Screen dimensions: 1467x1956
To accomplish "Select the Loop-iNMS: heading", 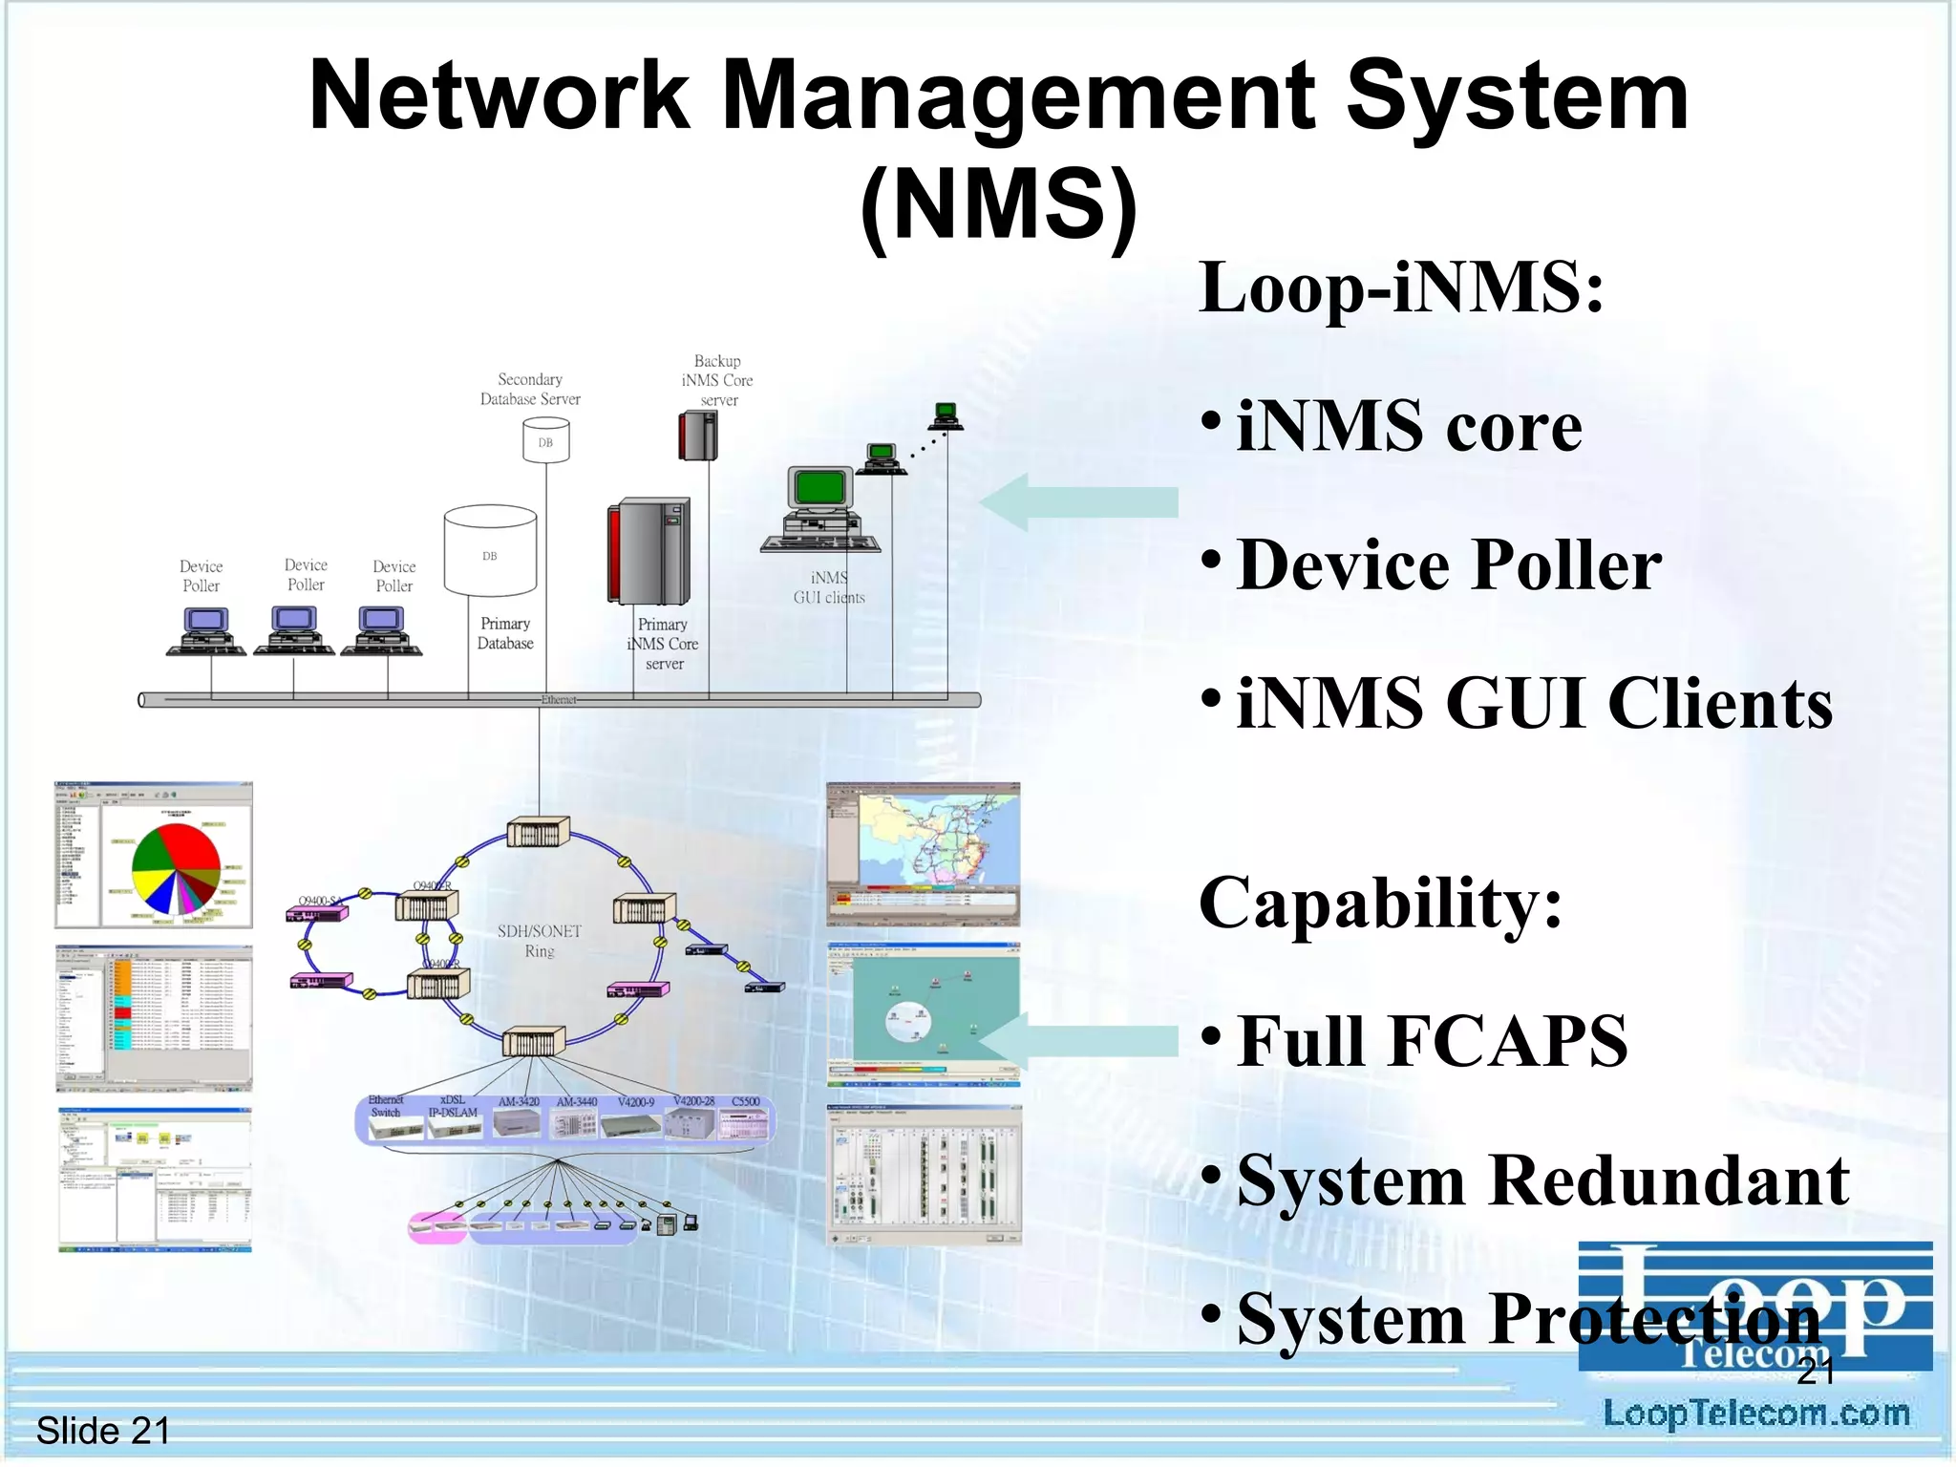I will pos(1401,287).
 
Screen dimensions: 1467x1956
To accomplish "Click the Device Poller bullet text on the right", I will pos(1449,564).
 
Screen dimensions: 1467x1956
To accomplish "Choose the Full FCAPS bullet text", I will pos(1432,1041).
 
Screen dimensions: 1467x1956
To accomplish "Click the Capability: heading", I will pos(1380,903).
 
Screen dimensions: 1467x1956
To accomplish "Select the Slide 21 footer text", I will pos(103,1431).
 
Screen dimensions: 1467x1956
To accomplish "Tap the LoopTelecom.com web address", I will pos(1755,1414).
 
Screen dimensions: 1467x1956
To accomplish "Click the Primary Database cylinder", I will pos(490,552).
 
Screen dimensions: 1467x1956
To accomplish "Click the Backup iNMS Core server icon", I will pos(697,436).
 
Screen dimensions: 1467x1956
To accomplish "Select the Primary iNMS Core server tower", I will pos(648,551).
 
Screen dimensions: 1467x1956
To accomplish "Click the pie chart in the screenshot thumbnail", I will pos(176,867).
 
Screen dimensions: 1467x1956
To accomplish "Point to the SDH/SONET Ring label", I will pos(539,941).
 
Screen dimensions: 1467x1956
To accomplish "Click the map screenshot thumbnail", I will pos(923,854).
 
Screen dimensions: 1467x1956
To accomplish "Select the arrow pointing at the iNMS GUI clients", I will pos(1079,502).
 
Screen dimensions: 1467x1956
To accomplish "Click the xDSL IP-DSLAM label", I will pos(453,1106).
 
